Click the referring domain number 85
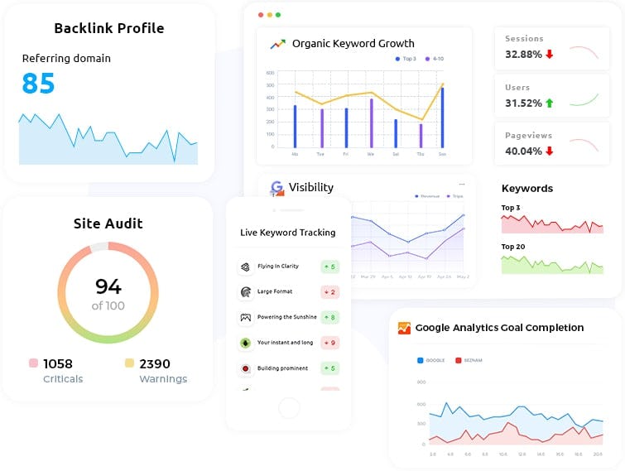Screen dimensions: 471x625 38,84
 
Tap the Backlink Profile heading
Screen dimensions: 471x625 108,28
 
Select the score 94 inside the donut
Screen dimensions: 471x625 108,286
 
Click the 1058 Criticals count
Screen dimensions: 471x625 57,363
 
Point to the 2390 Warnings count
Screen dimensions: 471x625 155,363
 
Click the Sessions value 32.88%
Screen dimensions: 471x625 523,55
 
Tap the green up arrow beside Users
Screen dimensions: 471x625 549,103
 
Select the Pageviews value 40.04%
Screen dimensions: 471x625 523,151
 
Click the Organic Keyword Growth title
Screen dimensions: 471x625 353,44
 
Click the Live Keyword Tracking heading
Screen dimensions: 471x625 287,233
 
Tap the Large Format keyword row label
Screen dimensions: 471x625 276,291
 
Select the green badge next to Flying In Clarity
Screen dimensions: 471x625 329,267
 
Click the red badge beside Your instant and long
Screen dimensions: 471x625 329,343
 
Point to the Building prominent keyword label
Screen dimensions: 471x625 282,368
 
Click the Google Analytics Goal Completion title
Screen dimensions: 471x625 499,328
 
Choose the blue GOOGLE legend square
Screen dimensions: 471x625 421,360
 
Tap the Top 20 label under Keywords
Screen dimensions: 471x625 512,247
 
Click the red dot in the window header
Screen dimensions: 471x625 261,15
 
